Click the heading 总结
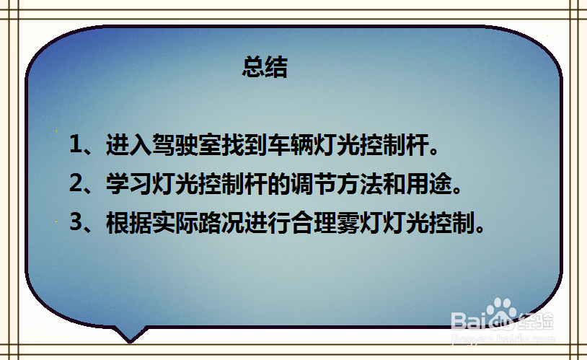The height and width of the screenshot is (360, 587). coord(265,68)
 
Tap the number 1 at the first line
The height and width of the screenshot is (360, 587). coord(76,144)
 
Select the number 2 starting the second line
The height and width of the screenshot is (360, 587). coord(76,184)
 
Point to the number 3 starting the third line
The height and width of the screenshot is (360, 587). coord(76,223)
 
